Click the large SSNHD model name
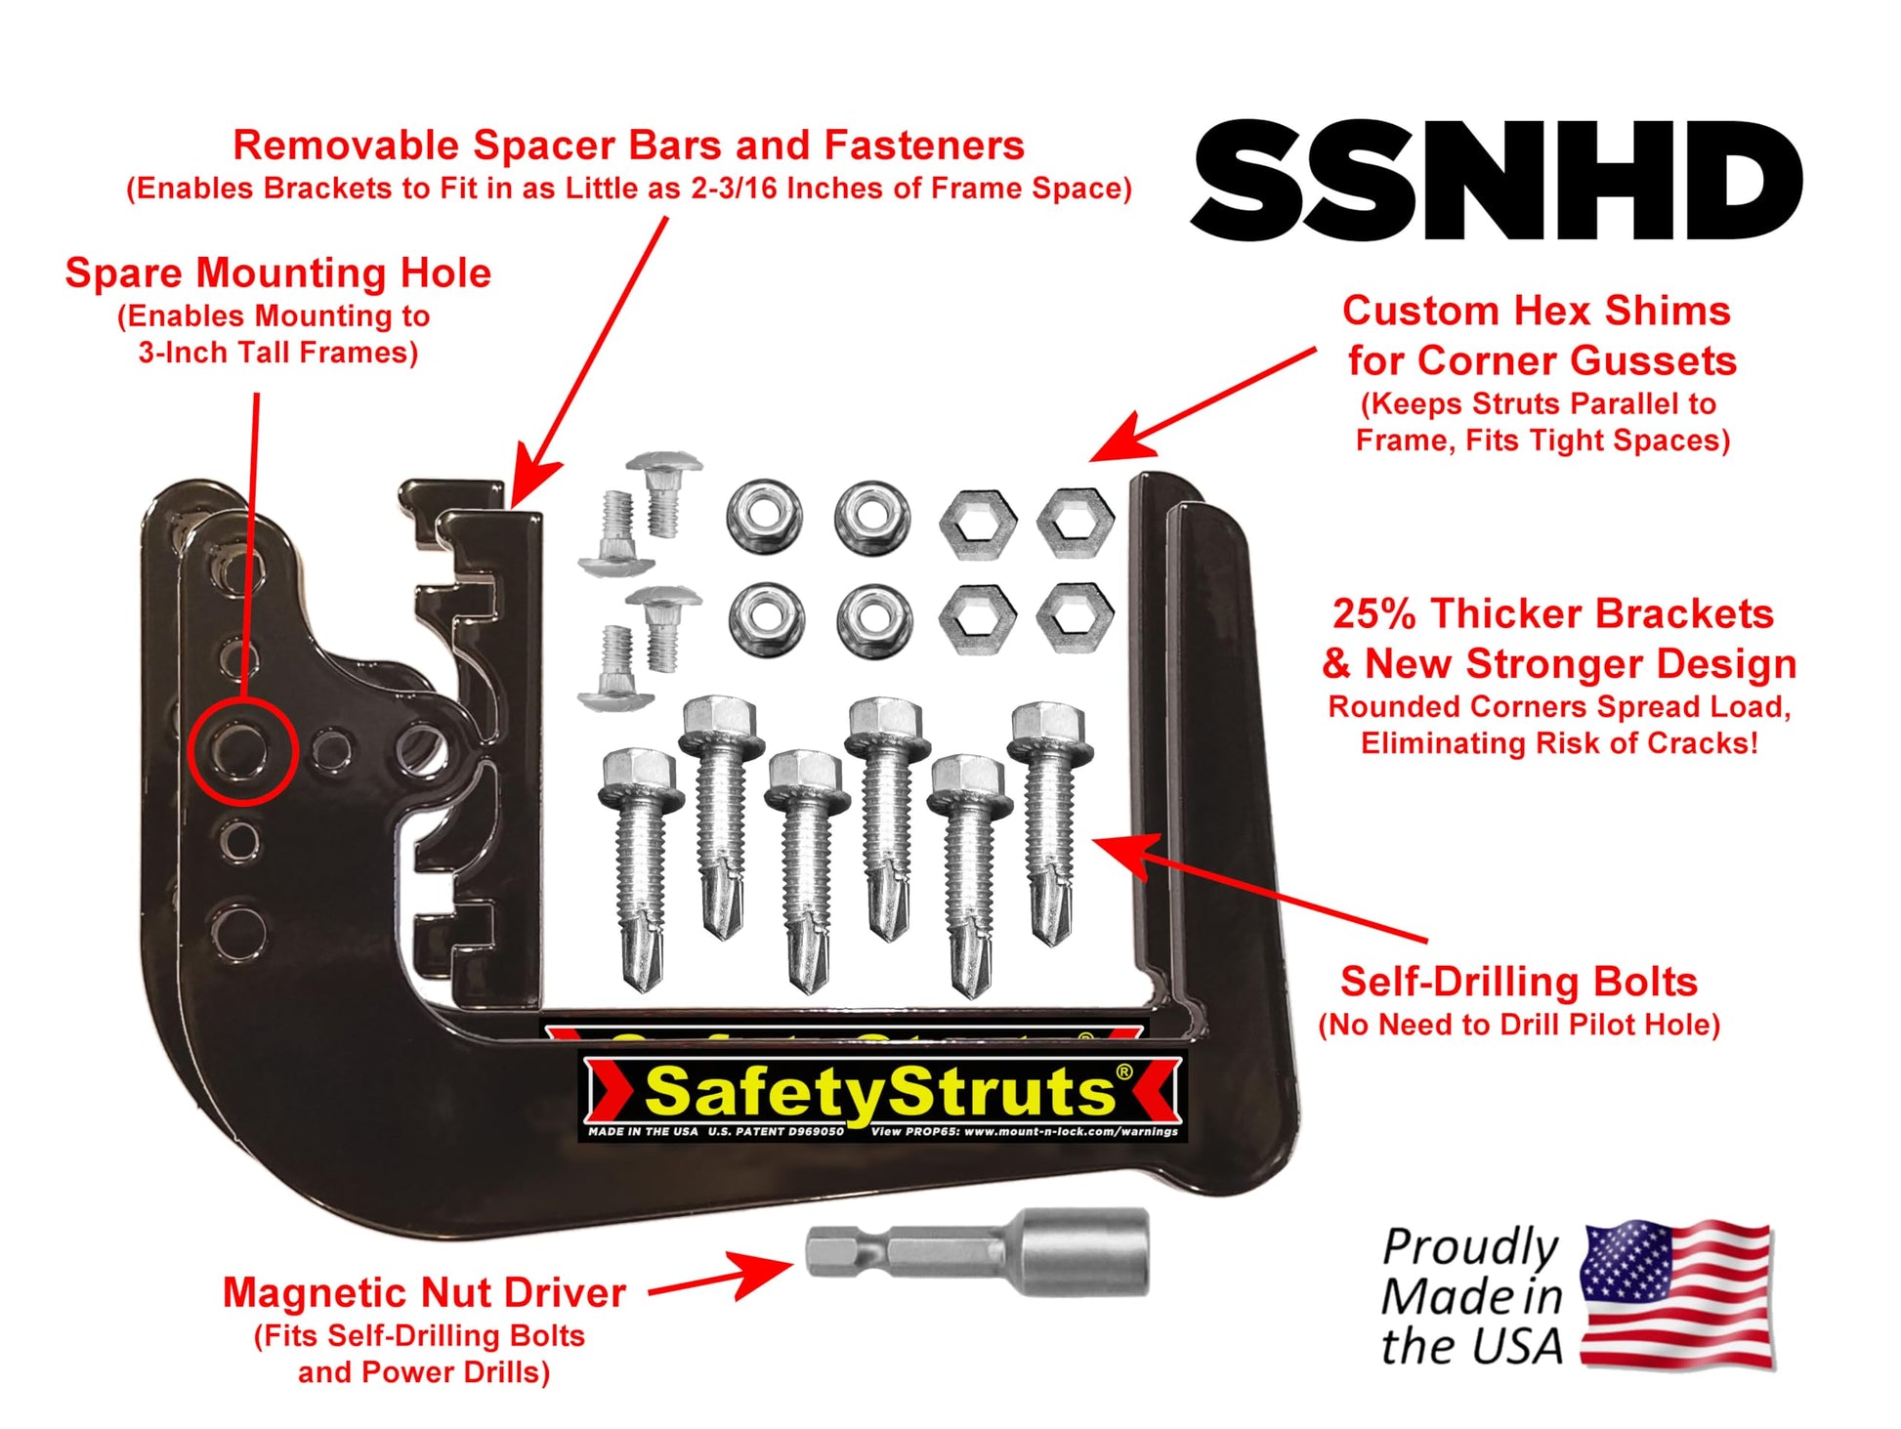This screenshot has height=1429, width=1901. (1497, 181)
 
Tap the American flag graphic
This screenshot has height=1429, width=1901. (1676, 1293)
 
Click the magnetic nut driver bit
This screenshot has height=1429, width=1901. (977, 1251)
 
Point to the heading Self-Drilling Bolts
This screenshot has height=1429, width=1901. (1518, 981)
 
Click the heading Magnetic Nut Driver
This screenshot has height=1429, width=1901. (424, 1292)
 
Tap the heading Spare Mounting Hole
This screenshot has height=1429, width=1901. (278, 273)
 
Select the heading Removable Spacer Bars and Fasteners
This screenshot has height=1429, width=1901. (628, 145)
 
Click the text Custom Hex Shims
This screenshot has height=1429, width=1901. (1537, 311)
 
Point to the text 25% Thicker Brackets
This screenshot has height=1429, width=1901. (1553, 613)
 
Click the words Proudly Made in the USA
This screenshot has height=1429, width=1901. (1471, 1296)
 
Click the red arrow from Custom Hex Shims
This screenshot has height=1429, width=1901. (1203, 404)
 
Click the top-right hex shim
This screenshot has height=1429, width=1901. (1075, 520)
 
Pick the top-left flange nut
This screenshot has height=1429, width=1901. (765, 516)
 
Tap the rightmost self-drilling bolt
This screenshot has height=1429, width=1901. (1050, 823)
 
